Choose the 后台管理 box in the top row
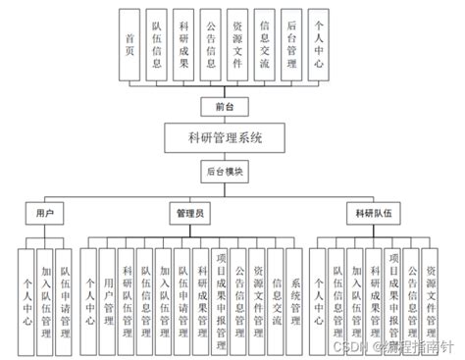290,42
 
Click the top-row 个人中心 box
317,42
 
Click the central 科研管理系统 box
225,137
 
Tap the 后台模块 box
224,171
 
